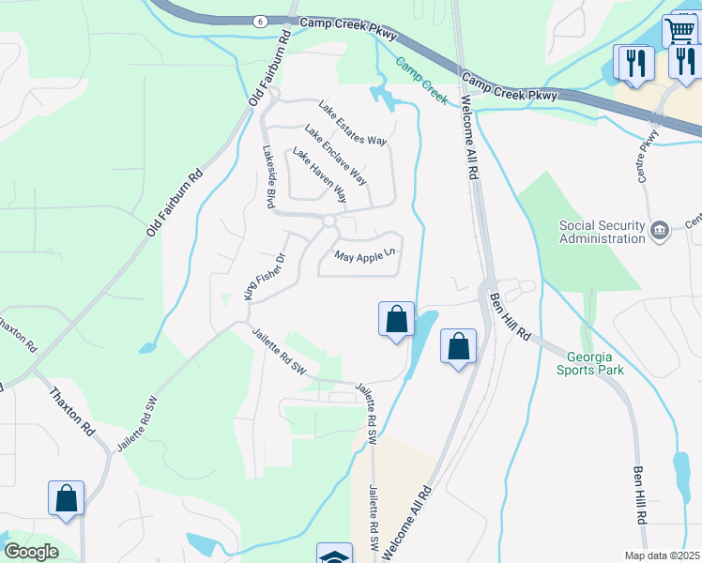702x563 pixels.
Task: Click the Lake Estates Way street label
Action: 353,123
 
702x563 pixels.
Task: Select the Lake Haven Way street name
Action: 319,176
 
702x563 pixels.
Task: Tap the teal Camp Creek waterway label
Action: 420,80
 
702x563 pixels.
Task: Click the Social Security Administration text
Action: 603,231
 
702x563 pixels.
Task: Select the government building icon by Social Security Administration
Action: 660,229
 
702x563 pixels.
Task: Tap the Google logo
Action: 31,552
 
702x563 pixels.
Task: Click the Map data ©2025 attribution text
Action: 663,555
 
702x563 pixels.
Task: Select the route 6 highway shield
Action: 259,21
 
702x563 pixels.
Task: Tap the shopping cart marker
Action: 679,30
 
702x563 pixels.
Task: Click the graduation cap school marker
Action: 334,555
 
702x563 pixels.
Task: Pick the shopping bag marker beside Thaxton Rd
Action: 67,498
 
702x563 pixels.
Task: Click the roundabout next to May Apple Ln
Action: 328,221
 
